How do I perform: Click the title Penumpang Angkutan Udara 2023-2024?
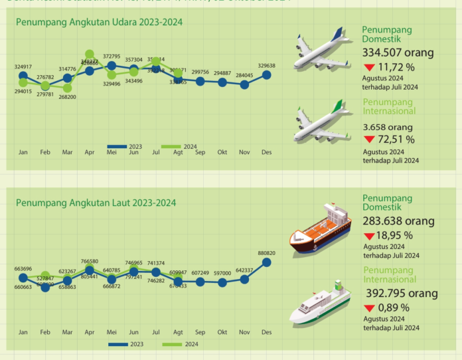pyautogui.click(x=99, y=22)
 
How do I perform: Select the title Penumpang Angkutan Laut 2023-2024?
pyautogui.click(x=96, y=202)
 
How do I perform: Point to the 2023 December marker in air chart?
pyautogui.click(x=266, y=75)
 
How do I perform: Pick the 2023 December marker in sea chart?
pyautogui.click(x=266, y=262)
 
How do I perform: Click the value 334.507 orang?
pyautogui.click(x=398, y=52)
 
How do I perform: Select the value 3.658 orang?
pyautogui.click(x=385, y=127)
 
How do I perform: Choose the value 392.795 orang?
pyautogui.click(x=400, y=293)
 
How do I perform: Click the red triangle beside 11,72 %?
pyautogui.click(x=368, y=68)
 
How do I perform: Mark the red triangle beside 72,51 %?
pyautogui.click(x=368, y=139)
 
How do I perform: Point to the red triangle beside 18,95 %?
pyautogui.click(x=368, y=236)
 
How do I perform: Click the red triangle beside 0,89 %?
pyautogui.click(x=368, y=308)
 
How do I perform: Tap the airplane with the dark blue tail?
pyautogui.click(x=321, y=51)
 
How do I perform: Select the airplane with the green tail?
pyautogui.click(x=321, y=123)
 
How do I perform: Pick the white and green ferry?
pyautogui.click(x=321, y=302)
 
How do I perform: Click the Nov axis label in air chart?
pyautogui.click(x=244, y=153)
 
